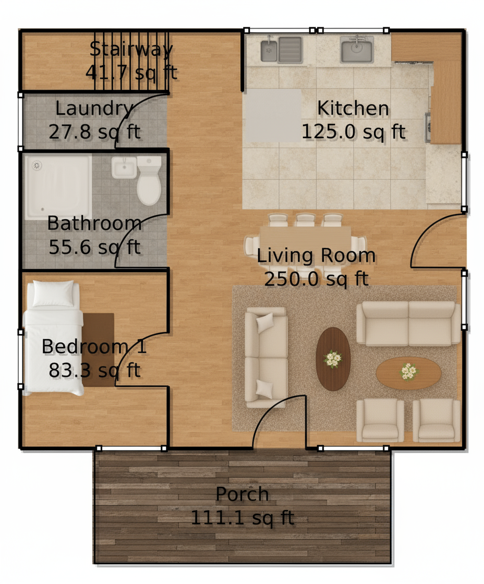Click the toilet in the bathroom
(x=149, y=182)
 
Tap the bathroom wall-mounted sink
(x=124, y=167)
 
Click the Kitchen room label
(x=353, y=109)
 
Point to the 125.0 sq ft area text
(x=353, y=132)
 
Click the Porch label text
(x=242, y=494)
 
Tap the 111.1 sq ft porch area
(x=242, y=518)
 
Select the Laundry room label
(x=94, y=109)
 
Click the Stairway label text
(x=131, y=49)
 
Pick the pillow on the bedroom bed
(x=53, y=293)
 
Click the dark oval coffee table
(x=333, y=359)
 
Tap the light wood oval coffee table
(x=408, y=372)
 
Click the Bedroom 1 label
(x=94, y=347)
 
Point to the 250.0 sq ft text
(x=316, y=279)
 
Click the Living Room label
(x=316, y=256)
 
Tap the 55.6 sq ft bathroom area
(x=94, y=247)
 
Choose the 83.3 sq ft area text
(x=94, y=370)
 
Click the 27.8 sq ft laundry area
(x=94, y=132)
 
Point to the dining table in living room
(x=306, y=237)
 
